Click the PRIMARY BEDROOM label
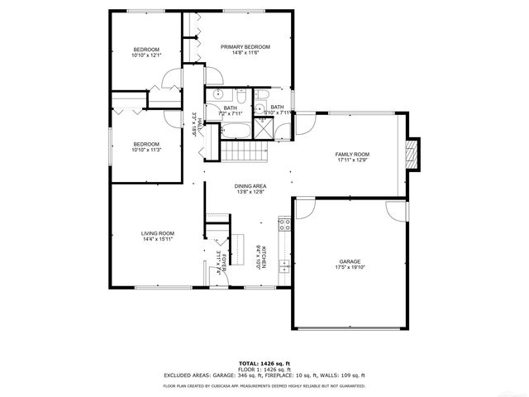coord(245,46)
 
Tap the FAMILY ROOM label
coord(351,155)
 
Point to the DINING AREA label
coord(250,186)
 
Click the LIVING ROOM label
coord(157,233)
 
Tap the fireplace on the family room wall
coord(414,154)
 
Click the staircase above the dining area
coord(244,152)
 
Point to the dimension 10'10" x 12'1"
coord(146,55)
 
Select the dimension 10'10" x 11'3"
coord(146,150)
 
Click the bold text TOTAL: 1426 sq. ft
coord(264,363)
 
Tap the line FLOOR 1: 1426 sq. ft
coord(264,369)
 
